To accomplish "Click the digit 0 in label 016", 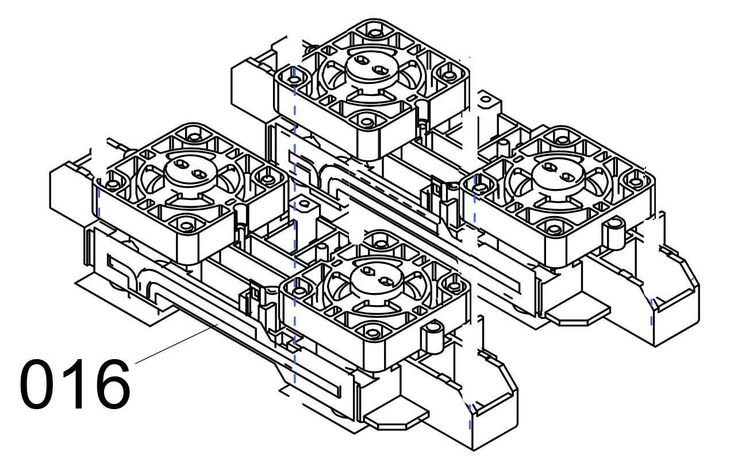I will pyautogui.click(x=40, y=384).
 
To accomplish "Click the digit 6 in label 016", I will pyautogui.click(x=112, y=384).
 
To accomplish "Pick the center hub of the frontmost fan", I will pyautogui.click(x=374, y=276).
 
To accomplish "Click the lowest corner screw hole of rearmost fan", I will pyautogui.click(x=366, y=120).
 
